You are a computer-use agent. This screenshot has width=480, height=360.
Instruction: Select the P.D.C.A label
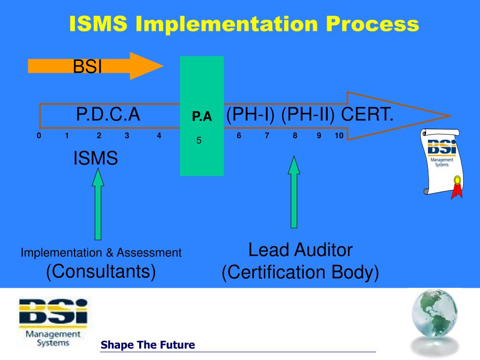point(108,114)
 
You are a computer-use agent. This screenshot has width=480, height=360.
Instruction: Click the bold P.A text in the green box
point(202,117)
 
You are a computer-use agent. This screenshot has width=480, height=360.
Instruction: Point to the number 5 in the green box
point(199,140)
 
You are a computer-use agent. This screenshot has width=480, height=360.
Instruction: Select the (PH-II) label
point(308,114)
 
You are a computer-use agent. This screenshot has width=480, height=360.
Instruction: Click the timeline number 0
point(38,136)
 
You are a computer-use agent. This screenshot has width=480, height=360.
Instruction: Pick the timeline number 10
point(339,136)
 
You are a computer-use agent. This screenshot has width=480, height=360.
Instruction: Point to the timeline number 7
point(267,136)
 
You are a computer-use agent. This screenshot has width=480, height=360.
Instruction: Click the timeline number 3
point(127,136)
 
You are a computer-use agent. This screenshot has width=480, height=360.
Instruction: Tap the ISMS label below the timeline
point(96,158)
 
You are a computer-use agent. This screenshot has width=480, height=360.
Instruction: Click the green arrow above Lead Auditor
point(294,192)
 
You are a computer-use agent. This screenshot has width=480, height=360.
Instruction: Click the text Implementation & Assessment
point(101,253)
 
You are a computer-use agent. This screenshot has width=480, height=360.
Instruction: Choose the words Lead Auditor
point(300,250)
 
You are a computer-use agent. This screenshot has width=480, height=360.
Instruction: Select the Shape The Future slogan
point(148,345)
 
